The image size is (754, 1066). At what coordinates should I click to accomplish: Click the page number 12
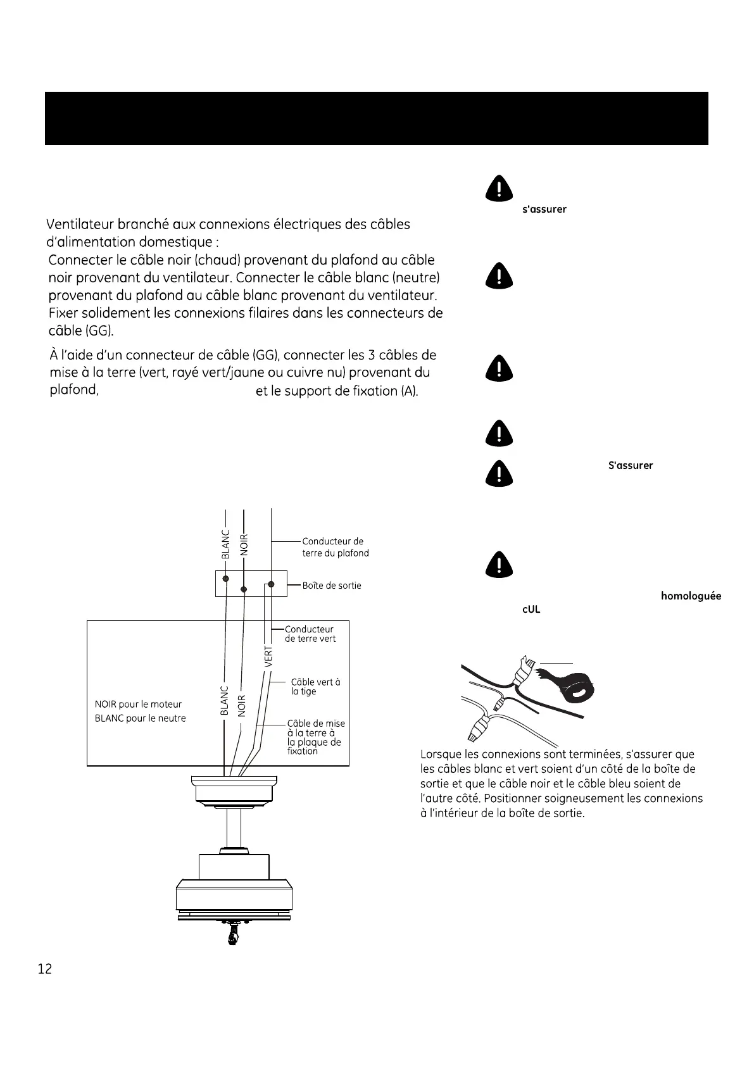point(45,969)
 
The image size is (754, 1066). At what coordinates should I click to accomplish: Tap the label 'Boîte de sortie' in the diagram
point(331,586)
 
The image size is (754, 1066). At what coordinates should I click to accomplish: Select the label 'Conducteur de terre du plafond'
point(335,547)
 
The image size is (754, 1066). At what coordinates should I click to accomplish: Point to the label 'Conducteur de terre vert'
point(310,634)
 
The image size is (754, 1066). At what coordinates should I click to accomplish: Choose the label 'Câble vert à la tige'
point(315,686)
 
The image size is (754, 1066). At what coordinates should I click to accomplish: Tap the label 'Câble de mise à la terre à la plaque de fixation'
point(315,737)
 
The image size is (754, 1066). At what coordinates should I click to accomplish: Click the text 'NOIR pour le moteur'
point(138,704)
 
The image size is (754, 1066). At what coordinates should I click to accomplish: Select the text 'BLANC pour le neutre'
point(140,718)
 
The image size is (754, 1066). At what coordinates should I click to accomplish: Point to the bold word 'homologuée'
point(690,596)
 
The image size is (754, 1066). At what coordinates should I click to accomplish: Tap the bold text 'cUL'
point(531,610)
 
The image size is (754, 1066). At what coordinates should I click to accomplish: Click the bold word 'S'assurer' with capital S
point(630,465)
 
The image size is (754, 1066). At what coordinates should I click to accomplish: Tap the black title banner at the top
point(376,118)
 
